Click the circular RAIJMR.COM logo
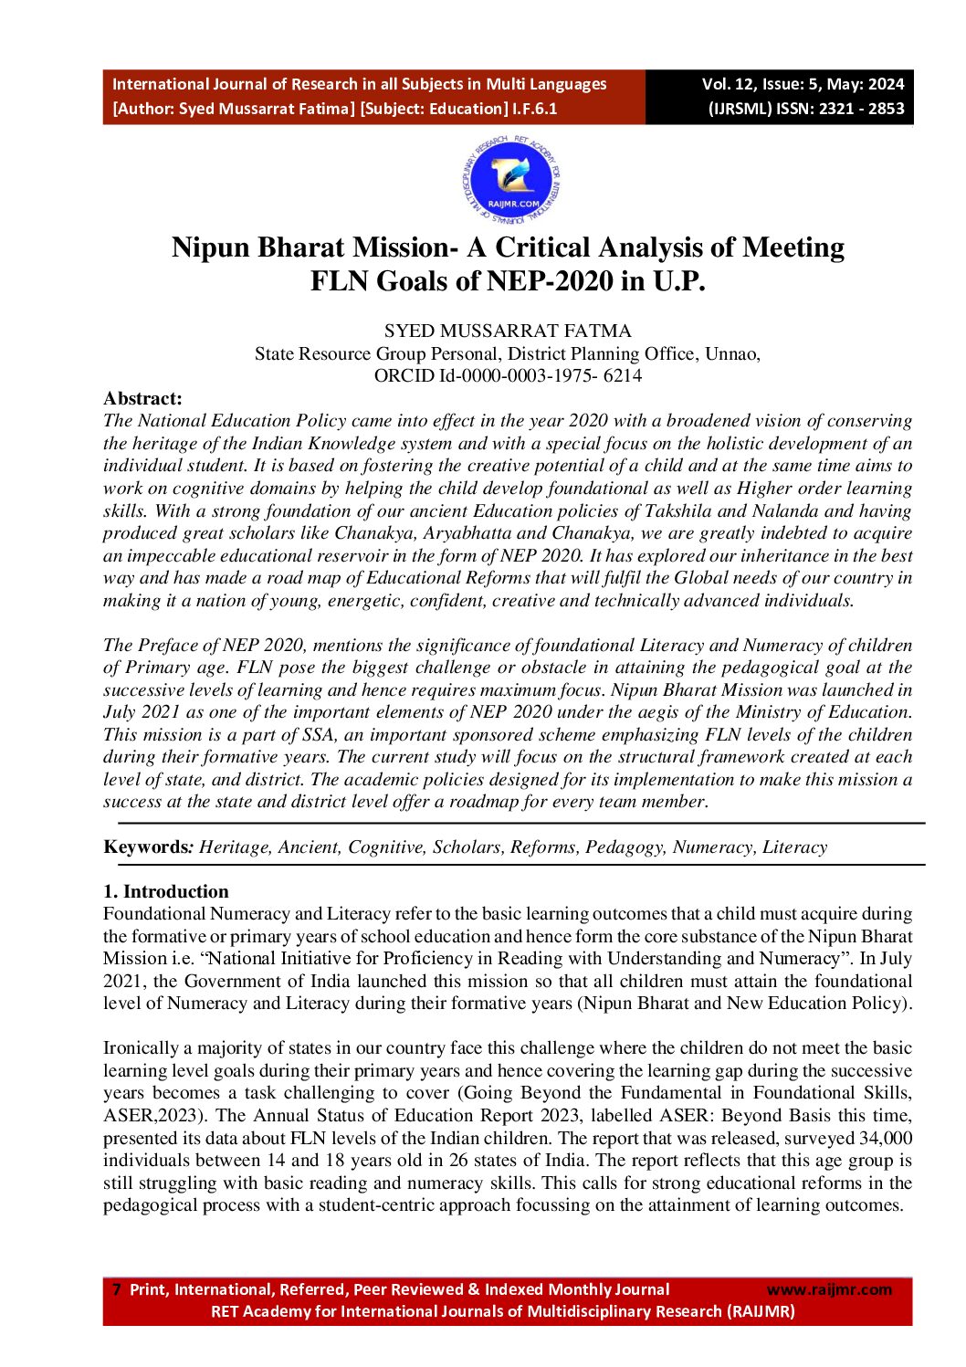click(511, 181)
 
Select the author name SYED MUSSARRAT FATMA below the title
click(508, 331)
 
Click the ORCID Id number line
click(508, 375)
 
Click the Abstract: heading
click(142, 398)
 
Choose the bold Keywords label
click(144, 846)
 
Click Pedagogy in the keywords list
click(625, 846)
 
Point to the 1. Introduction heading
click(166, 891)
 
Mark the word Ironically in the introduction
click(140, 1047)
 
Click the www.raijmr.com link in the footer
click(829, 1289)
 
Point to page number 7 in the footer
click(116, 1289)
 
